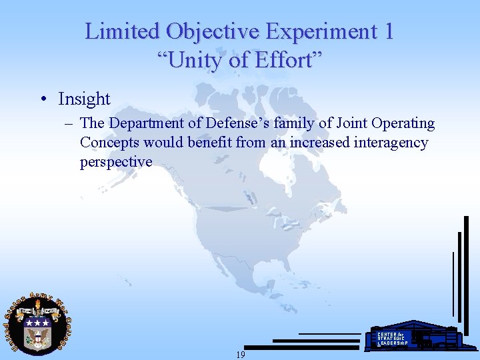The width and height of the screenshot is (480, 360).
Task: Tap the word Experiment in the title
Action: (319, 31)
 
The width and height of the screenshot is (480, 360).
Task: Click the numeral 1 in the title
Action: (387, 31)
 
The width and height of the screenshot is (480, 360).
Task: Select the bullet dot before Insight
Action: (43, 99)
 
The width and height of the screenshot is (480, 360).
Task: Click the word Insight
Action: (84, 99)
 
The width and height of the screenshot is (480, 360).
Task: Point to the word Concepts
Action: (110, 143)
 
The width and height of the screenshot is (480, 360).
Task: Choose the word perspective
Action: (116, 162)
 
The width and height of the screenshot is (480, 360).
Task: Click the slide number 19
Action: (240, 355)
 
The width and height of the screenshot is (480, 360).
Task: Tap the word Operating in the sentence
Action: (402, 123)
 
